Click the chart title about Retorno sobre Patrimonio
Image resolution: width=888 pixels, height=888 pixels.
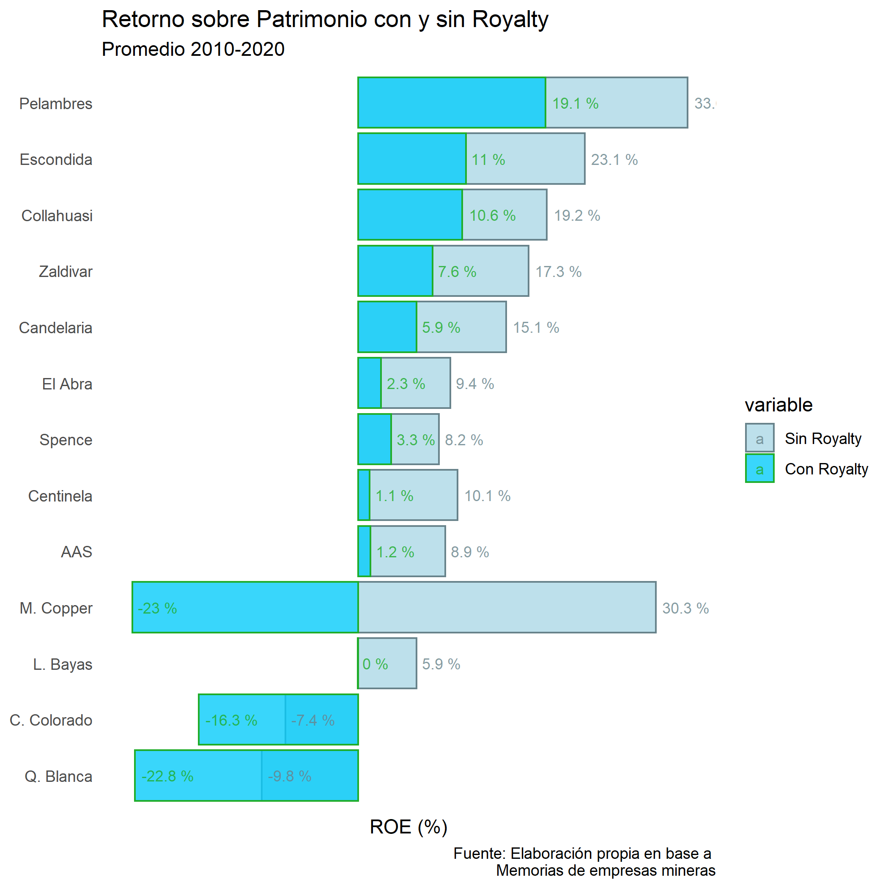point(324,20)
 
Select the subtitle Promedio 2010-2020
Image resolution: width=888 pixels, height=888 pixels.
point(193,49)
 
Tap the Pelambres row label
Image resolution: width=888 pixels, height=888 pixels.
point(56,104)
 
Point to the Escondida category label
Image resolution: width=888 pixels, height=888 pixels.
point(56,160)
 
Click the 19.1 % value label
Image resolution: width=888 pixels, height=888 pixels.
point(575,104)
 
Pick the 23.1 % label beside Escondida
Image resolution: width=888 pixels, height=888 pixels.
point(614,160)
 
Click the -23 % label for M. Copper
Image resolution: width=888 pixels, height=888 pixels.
point(157,608)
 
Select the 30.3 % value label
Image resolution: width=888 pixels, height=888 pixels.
point(685,608)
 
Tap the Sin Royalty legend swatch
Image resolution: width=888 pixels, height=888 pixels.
point(759,438)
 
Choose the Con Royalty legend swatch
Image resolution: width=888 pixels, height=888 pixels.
point(759,469)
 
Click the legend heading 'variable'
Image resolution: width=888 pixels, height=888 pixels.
point(778,405)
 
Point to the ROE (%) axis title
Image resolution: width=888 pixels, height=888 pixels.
point(408,827)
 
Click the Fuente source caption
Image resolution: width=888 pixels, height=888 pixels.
point(584,862)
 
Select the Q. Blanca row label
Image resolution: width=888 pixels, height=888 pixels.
point(58,776)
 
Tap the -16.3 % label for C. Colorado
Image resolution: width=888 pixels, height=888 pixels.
point(231,720)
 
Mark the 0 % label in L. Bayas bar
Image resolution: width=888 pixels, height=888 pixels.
point(375,664)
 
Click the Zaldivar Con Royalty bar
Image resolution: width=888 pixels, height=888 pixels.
point(395,271)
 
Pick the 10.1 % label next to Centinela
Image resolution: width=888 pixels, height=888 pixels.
point(487,496)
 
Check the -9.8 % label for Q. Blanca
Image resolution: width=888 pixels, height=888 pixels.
point(290,776)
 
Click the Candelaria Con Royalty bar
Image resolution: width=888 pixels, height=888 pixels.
point(387,327)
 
